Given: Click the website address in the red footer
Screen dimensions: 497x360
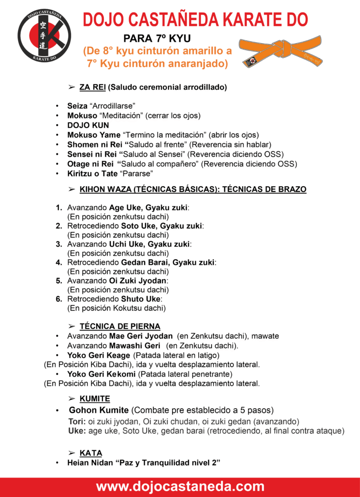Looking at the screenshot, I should pos(180,486).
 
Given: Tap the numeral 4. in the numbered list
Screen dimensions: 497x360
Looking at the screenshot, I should pos(59,262).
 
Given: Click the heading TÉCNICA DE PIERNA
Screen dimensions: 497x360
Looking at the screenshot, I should pos(120,326).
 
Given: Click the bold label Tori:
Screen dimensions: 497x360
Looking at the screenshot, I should pos(77,421).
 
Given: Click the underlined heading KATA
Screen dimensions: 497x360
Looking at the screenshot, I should pos(91,453).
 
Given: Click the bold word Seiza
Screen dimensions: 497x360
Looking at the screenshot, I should pos(77,105).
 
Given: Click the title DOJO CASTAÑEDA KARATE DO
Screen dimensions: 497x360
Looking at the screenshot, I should pos(195,20).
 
